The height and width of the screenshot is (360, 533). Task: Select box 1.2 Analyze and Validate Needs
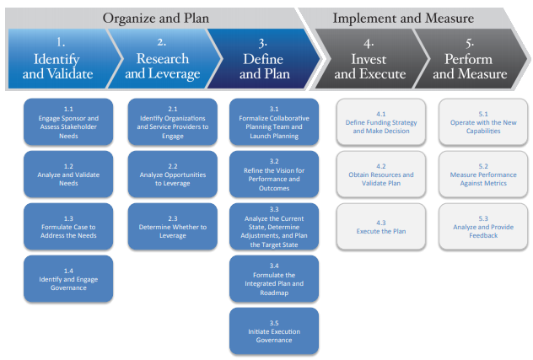pyautogui.click(x=68, y=173)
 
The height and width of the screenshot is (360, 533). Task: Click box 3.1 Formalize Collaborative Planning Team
pyautogui.click(x=274, y=121)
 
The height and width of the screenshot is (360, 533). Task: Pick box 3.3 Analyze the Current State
pyautogui.click(x=274, y=225)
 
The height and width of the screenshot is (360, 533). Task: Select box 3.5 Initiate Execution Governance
pyautogui.click(x=274, y=330)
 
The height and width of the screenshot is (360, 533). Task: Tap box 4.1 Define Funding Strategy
pyautogui.click(x=381, y=121)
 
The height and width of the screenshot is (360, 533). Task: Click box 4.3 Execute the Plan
pyautogui.click(x=381, y=225)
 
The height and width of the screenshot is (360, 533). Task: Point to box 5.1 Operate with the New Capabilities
pyautogui.click(x=483, y=121)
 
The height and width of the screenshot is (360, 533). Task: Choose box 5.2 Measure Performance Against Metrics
pyautogui.click(x=483, y=173)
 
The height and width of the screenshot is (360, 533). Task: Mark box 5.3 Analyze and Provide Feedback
pyautogui.click(x=483, y=225)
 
